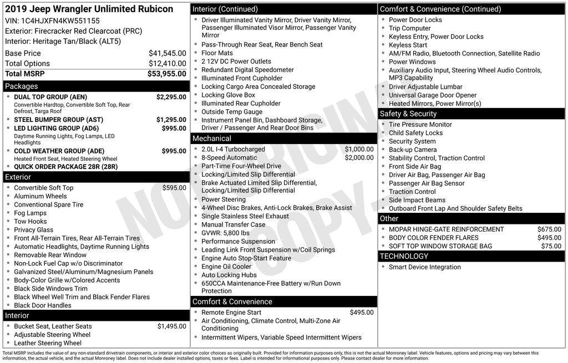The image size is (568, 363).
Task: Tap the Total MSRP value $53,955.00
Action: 167,74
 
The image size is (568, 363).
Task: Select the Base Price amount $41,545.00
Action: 168,53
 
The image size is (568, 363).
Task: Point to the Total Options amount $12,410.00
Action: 168,64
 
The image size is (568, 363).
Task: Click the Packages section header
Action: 22,86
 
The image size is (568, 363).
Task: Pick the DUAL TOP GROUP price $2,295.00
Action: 171,97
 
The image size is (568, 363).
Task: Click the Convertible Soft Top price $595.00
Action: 174,188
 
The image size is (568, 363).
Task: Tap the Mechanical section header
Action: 211,139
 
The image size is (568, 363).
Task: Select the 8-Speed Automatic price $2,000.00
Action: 359,158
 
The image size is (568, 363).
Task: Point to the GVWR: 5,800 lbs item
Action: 225,233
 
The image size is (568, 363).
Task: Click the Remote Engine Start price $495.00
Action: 362,313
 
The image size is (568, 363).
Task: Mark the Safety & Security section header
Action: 408,114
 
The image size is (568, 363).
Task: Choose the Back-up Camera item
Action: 413,150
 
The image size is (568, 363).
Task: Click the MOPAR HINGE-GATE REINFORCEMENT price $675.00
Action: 549,229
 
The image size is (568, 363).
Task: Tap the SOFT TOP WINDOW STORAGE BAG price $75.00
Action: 551,246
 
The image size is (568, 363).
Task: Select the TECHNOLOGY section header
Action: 404,256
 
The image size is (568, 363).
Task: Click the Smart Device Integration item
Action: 425,267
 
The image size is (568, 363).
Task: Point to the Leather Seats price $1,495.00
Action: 171,326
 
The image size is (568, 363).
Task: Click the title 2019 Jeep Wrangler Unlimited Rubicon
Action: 89,9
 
